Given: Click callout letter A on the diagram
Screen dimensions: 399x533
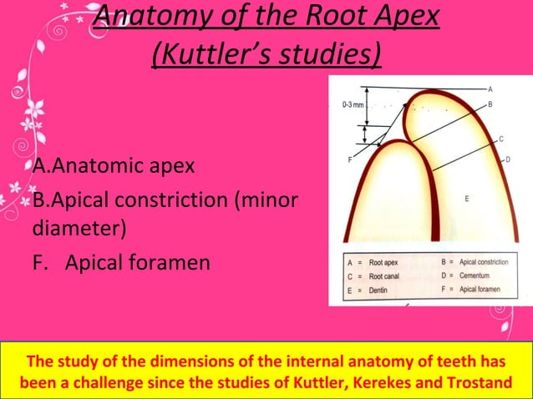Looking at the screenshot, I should tap(490, 88).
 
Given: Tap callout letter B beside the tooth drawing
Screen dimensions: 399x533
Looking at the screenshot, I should tap(490, 104).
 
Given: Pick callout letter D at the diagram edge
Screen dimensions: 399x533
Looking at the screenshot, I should tap(507, 159).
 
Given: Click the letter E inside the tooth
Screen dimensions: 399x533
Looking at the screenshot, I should tap(467, 199).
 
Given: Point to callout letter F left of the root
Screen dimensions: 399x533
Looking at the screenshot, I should tap(348, 159).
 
